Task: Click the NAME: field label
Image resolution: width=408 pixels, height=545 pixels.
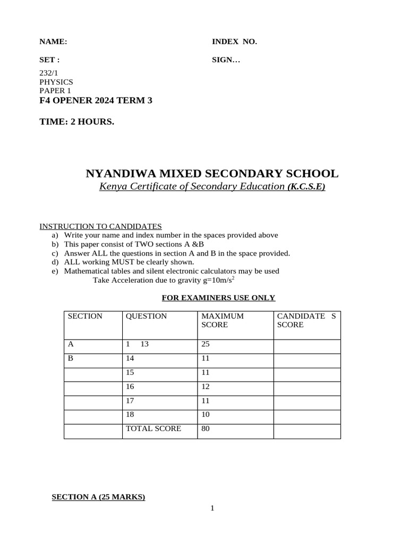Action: (x=53, y=42)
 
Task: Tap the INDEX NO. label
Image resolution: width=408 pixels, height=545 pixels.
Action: (x=234, y=42)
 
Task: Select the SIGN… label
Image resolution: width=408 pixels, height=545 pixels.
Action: (x=226, y=60)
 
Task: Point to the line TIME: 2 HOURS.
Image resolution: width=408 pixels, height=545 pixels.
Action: (x=76, y=122)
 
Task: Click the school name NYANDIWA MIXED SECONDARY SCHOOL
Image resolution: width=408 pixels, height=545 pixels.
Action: (x=211, y=174)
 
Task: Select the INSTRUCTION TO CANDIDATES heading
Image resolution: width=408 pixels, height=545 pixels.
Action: (x=101, y=226)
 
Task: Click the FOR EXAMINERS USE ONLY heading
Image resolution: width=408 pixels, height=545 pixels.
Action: (x=218, y=298)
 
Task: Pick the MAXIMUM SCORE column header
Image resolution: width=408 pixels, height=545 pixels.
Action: (x=223, y=320)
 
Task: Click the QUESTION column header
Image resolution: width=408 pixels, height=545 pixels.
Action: (x=146, y=316)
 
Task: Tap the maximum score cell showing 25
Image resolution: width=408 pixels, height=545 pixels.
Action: (x=206, y=344)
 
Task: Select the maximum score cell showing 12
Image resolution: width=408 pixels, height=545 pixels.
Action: (x=206, y=386)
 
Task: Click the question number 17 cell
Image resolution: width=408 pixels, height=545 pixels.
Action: (x=130, y=400)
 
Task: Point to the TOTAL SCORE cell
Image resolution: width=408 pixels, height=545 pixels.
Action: (x=153, y=428)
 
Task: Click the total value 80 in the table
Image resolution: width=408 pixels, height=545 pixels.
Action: (x=206, y=428)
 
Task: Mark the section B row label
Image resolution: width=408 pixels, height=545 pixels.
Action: (x=71, y=358)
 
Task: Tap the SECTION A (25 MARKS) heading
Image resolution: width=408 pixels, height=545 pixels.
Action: (x=98, y=497)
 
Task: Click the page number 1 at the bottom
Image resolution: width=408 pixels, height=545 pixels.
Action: (x=212, y=508)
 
